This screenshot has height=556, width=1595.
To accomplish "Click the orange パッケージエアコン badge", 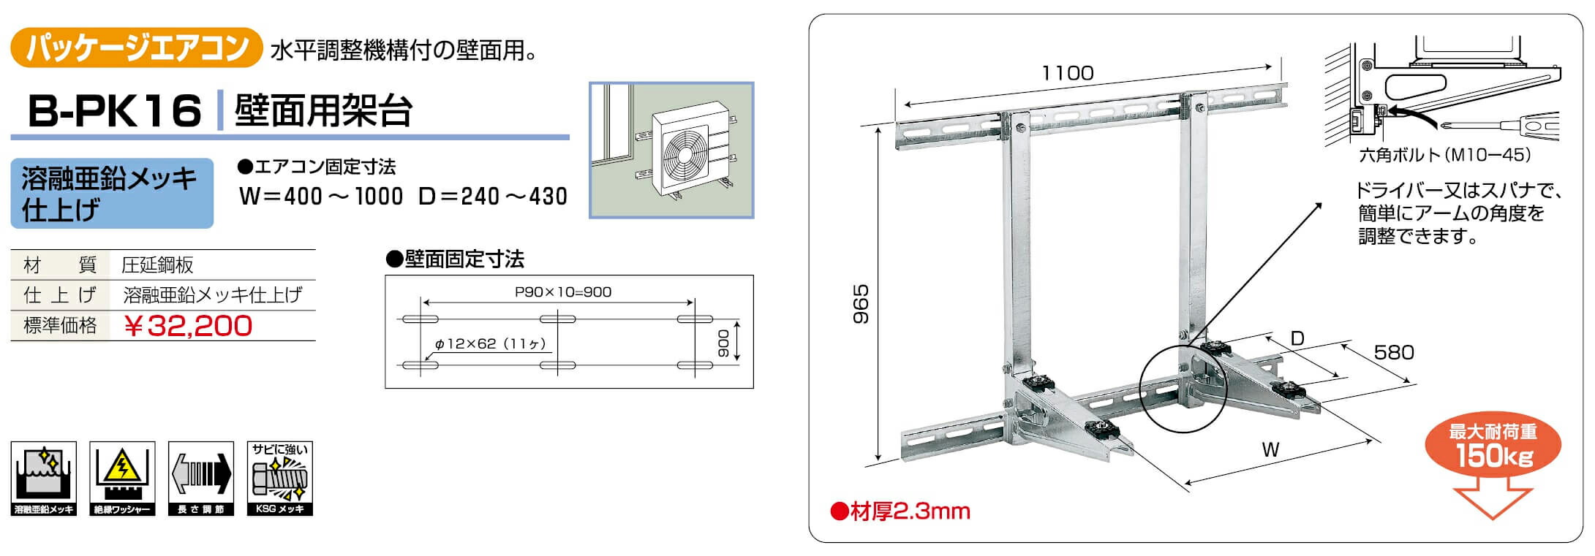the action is [x=136, y=47].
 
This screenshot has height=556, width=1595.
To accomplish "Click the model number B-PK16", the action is [x=114, y=111].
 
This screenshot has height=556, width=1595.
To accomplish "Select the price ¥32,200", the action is [x=189, y=326].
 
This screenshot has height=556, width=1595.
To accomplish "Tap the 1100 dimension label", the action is [x=1068, y=73].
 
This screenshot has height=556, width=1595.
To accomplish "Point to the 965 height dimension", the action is [x=861, y=304].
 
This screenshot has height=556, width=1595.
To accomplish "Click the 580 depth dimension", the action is [x=1394, y=352].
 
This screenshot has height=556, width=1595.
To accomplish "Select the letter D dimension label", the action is [x=1297, y=338].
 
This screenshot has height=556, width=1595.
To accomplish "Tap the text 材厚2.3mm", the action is [x=900, y=511].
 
